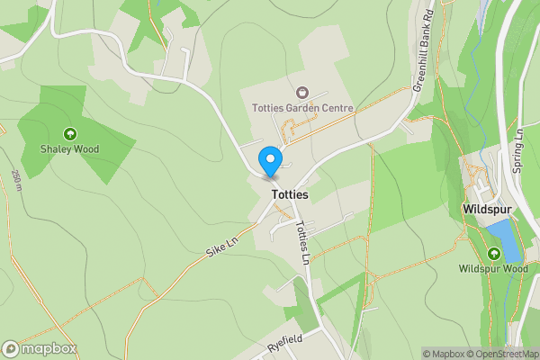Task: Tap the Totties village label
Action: [x=288, y=194]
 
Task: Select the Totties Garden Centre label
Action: [x=302, y=108]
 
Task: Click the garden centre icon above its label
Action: [x=302, y=92]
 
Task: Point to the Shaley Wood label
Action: [x=69, y=149]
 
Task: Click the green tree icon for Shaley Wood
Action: [x=69, y=134]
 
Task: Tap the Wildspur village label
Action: [x=487, y=209]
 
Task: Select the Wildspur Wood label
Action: [x=492, y=268]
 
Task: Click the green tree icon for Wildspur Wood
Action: [x=492, y=253]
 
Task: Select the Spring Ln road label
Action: [x=519, y=148]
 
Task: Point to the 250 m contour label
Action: [x=17, y=180]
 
